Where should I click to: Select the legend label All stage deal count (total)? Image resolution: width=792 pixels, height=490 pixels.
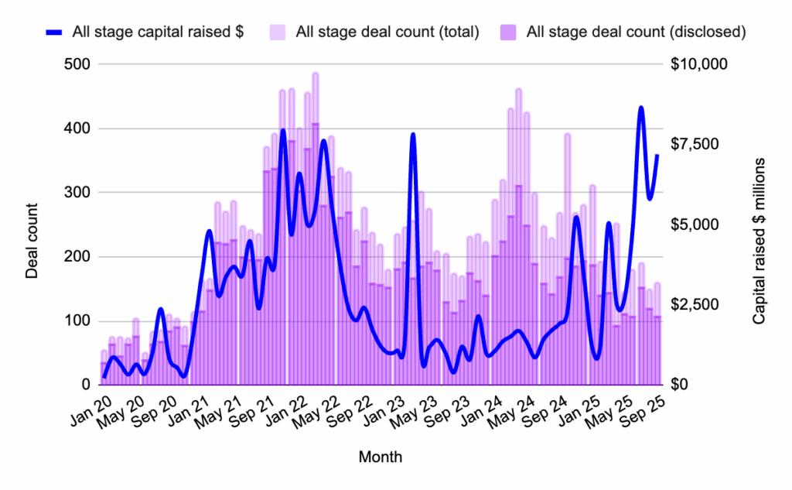(x=387, y=32)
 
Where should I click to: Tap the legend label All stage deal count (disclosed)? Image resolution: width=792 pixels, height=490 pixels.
(x=634, y=32)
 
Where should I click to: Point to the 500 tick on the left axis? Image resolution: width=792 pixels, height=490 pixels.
(x=78, y=64)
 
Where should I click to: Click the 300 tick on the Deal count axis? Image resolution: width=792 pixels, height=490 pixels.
(x=78, y=193)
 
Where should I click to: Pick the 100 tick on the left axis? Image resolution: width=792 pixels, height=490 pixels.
(x=78, y=321)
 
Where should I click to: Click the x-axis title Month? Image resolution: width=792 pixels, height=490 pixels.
(x=380, y=457)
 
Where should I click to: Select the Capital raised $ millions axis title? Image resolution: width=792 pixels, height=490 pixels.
(x=760, y=241)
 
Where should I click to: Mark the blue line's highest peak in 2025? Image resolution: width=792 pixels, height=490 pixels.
(x=641, y=108)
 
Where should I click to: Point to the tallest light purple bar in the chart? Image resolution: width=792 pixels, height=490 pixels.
(x=316, y=74)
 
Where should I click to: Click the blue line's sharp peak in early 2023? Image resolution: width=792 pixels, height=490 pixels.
(x=413, y=135)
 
